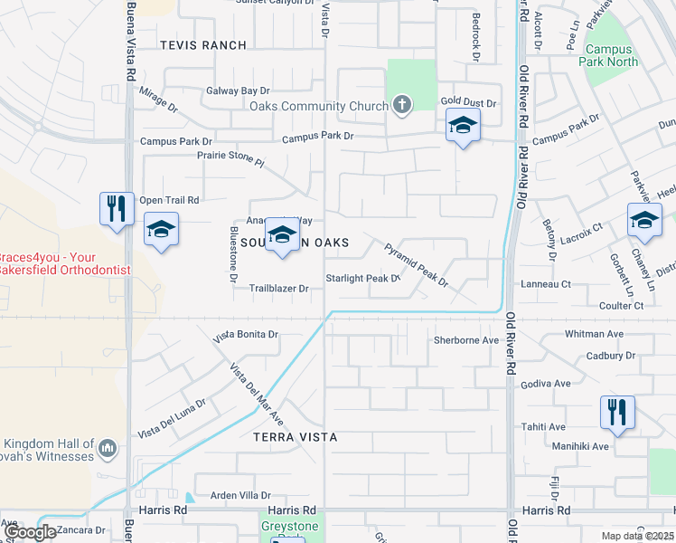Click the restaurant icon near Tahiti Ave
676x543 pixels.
(x=617, y=411)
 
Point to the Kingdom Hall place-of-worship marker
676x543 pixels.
(x=108, y=447)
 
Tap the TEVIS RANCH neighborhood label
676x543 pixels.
(x=202, y=45)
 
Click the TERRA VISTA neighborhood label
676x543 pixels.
(x=295, y=437)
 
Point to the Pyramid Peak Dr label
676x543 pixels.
(x=417, y=264)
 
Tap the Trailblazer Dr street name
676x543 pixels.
(x=279, y=289)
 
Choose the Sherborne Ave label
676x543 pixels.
(x=466, y=340)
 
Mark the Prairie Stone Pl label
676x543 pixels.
(x=230, y=159)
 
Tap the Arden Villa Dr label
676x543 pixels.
(x=240, y=495)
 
